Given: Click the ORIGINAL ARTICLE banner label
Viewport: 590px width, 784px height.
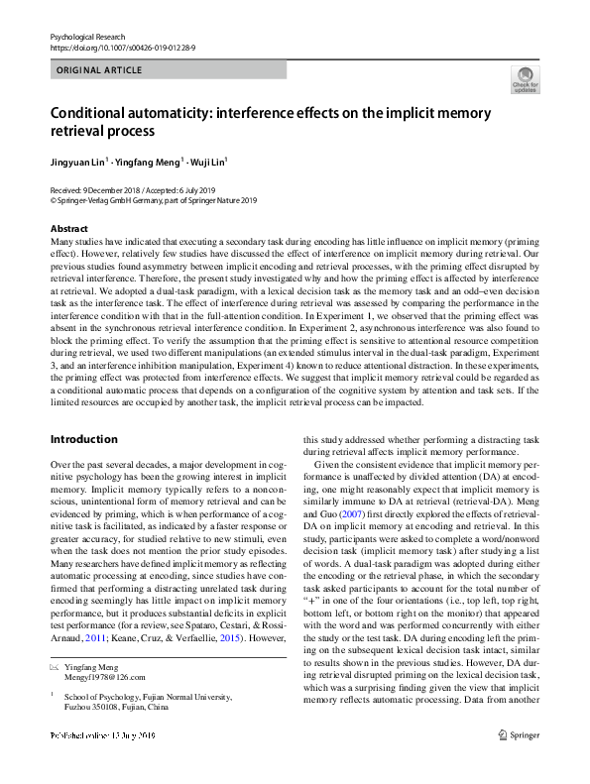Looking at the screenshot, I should pos(99,70).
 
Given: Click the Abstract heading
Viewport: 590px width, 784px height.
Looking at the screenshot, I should pos(68,229).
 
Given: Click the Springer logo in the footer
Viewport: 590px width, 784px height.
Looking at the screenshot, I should pos(521,764).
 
